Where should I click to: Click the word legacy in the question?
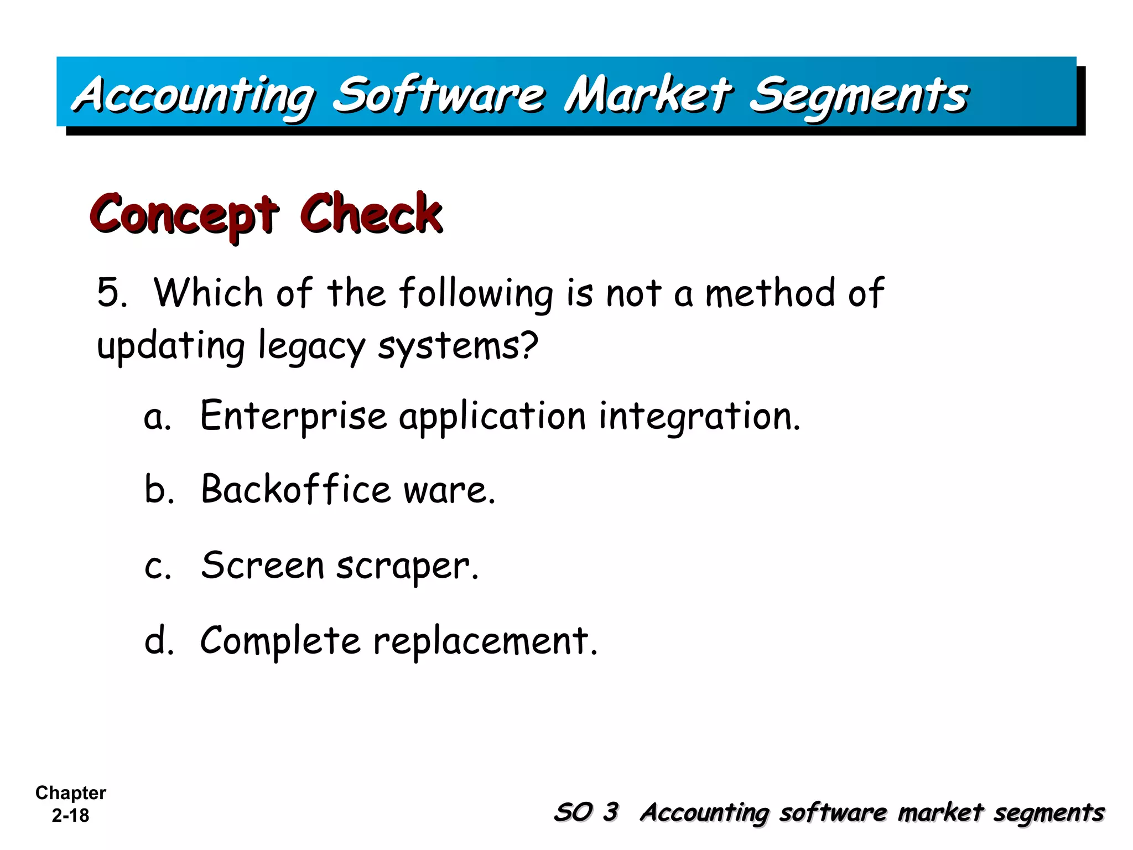[x=312, y=346]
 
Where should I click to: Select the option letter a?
[x=155, y=418]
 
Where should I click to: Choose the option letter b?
[x=157, y=489]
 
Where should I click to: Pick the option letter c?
[x=156, y=567]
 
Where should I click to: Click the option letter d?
[x=158, y=640]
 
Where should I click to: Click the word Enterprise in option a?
[x=293, y=416]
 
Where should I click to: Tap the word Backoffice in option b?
[x=296, y=489]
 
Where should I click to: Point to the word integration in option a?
[x=699, y=416]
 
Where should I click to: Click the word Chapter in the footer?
[x=70, y=792]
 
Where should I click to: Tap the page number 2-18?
[x=70, y=815]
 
